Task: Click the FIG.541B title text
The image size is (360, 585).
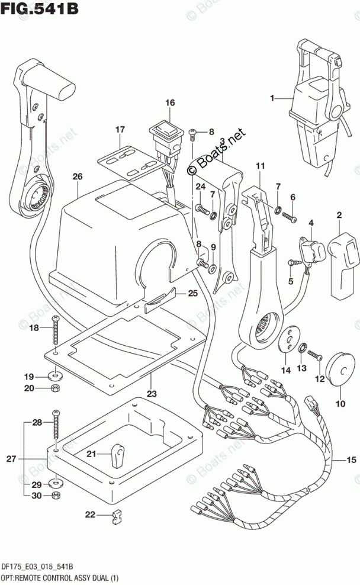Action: pos(39,8)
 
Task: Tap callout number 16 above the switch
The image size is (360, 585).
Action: pos(170,102)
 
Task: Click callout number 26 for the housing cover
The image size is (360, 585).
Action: pos(78,176)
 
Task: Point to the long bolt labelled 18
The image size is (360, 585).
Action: pos(56,330)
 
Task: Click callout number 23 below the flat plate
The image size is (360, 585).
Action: pos(152,393)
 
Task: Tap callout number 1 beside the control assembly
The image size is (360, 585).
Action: pos(272,98)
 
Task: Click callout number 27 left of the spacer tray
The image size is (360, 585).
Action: pos(12,458)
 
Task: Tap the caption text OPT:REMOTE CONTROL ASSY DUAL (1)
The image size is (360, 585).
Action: pos(60,578)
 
